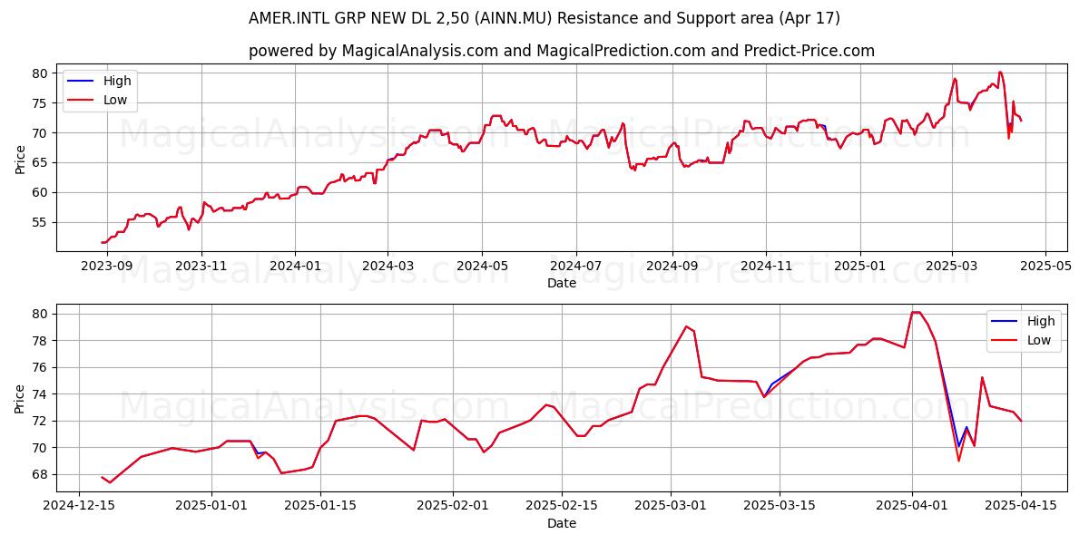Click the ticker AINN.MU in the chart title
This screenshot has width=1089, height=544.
[514, 18]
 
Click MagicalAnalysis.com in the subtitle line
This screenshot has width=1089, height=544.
[420, 51]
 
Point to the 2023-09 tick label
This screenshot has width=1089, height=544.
[107, 267]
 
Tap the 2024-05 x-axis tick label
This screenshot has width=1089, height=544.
[482, 267]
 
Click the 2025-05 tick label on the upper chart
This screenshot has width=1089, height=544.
[1045, 267]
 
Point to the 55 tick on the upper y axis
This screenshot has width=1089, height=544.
[41, 222]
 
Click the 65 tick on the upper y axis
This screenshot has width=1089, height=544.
[41, 162]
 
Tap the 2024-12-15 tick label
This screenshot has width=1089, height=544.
[79, 506]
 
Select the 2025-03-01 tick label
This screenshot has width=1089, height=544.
[671, 506]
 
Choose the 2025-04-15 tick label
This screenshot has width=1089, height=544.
[1021, 506]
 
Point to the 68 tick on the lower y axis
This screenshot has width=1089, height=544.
[41, 474]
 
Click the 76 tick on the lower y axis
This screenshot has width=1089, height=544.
[41, 368]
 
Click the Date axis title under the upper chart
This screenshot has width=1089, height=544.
[562, 283]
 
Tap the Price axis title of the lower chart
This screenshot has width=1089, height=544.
[19, 399]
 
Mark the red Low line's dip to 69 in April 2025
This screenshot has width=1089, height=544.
[958, 461]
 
